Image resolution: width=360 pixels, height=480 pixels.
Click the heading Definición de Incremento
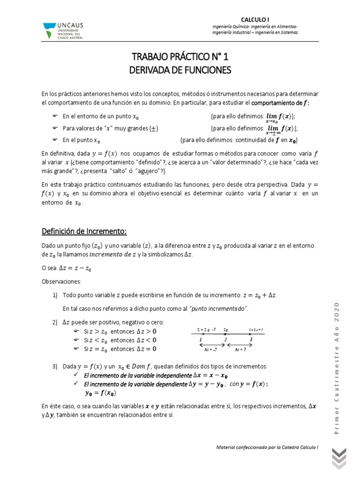(x=84, y=231)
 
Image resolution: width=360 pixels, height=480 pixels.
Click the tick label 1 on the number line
(x=200, y=339)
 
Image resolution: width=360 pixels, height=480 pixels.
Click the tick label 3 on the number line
(x=225, y=339)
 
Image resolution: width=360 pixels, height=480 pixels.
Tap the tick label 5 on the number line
(x=251, y=339)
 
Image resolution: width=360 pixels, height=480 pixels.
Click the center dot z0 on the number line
(x=225, y=333)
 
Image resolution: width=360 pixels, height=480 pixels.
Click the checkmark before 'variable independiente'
(x=77, y=375)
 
